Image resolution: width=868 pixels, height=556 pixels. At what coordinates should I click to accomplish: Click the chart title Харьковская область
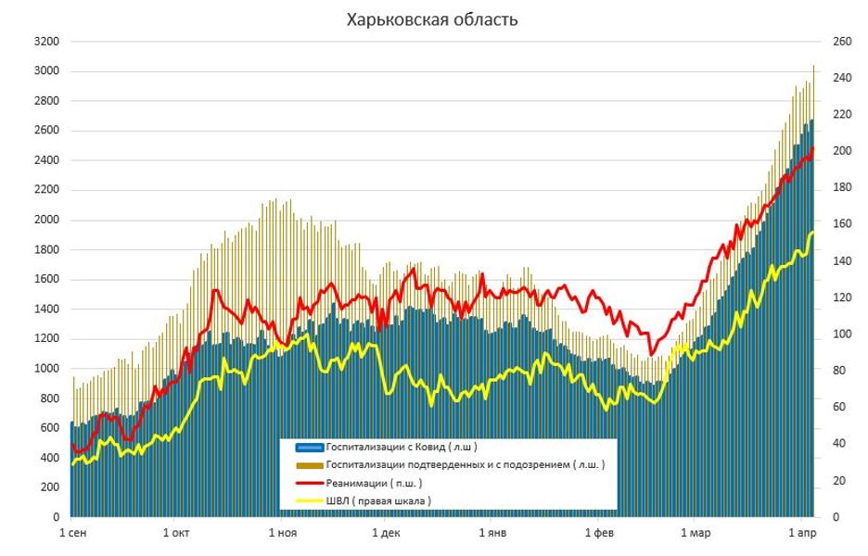pyautogui.click(x=432, y=19)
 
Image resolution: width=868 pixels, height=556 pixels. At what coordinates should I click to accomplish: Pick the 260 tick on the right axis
pyautogui.click(x=833, y=42)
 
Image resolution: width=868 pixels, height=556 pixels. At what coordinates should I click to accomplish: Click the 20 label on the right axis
pyautogui.click(x=830, y=480)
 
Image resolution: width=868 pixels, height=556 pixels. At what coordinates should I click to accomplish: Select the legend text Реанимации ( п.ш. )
pyautogui.click(x=375, y=483)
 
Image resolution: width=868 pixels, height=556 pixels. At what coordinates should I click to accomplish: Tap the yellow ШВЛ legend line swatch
pyautogui.click(x=305, y=500)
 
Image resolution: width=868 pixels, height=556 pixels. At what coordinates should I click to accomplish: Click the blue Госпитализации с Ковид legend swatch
pyautogui.click(x=305, y=447)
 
